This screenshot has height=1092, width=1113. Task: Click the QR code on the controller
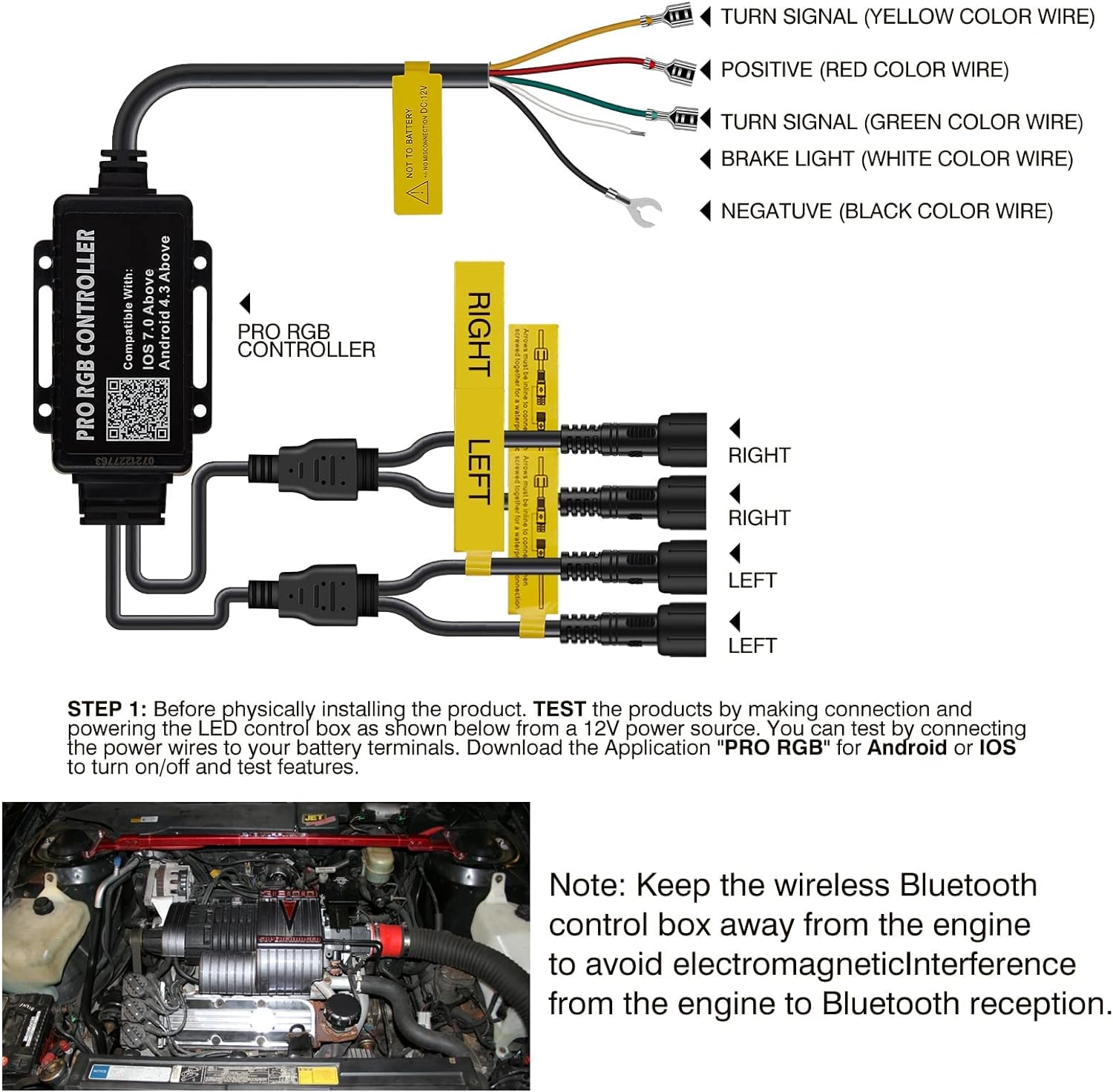pos(137,409)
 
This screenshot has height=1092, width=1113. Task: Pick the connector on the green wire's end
pos(677,118)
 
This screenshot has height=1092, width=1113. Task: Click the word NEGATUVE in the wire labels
pos(776,211)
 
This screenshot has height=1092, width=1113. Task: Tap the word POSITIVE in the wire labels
pos(766,70)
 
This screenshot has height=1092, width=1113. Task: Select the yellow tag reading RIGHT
pos(479,326)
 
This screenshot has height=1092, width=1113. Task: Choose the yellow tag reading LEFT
pos(479,471)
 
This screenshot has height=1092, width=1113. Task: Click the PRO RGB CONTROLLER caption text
pos(306,341)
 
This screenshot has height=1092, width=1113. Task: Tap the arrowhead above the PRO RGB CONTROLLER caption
pos(245,303)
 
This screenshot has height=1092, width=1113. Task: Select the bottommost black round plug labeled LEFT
pos(679,630)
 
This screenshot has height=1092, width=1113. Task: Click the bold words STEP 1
pos(107,709)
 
